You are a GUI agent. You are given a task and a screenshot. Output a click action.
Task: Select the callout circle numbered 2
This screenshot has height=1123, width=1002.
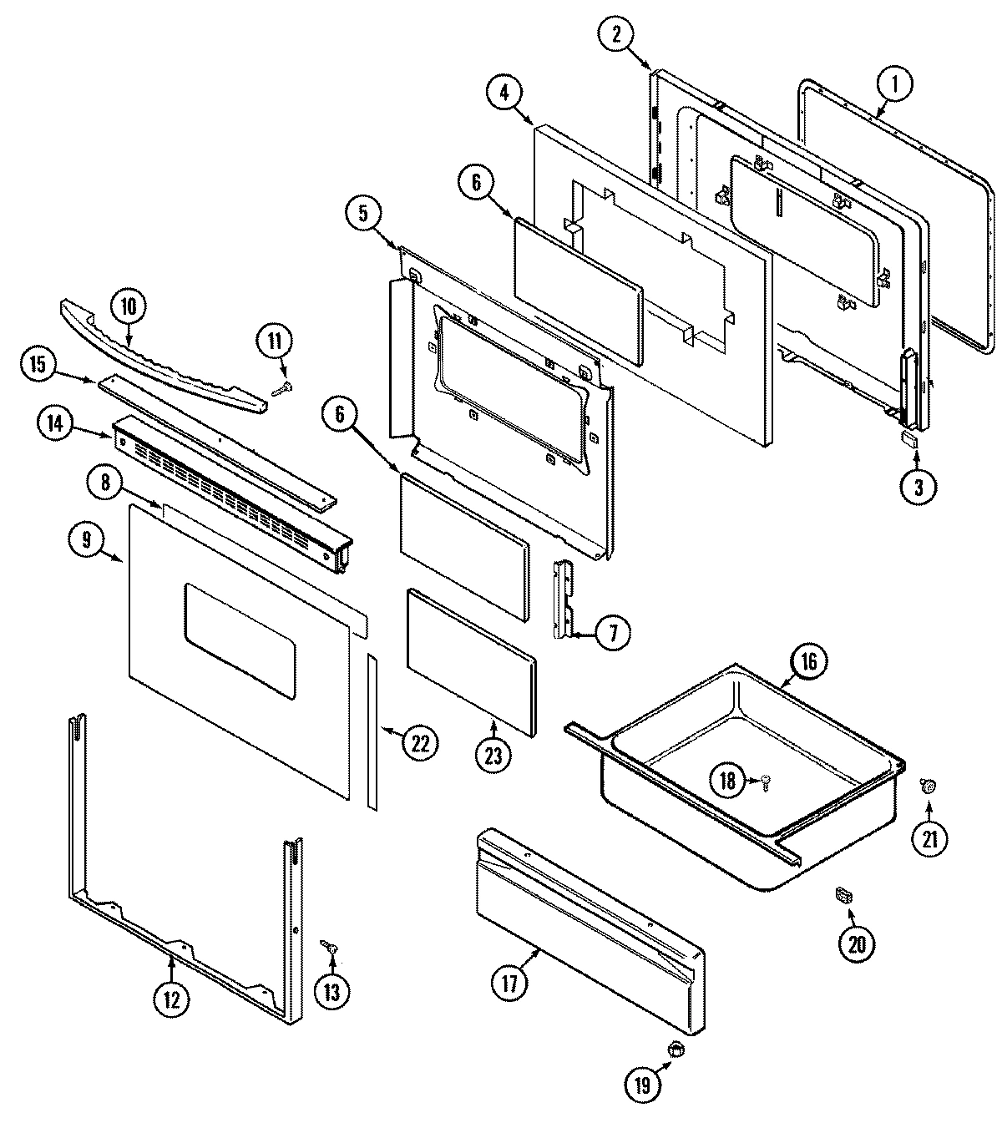coord(617,34)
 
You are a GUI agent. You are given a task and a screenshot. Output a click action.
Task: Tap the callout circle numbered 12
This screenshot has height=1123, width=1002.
coord(171,999)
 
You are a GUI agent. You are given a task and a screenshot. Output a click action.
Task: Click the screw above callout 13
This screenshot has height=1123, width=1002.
coord(331,946)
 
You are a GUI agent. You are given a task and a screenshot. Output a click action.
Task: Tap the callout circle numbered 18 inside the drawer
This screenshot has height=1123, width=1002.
coord(727,781)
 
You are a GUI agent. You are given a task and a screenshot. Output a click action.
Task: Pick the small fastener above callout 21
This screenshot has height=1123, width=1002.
coord(928,784)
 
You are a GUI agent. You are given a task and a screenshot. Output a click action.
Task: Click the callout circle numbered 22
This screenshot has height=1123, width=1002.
coord(420,741)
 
